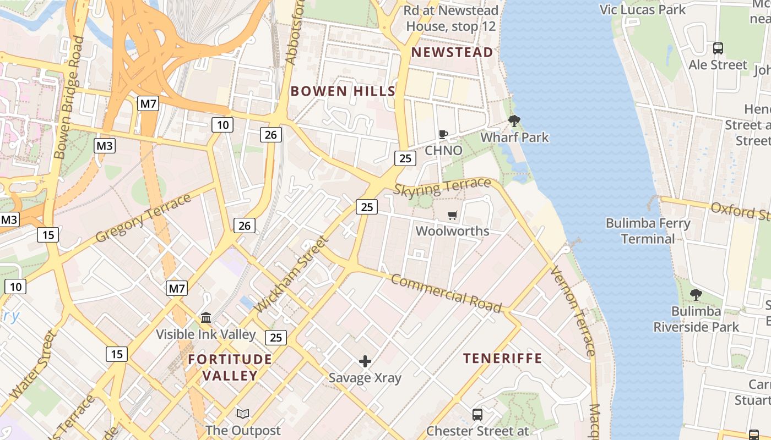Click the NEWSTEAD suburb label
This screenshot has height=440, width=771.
(x=452, y=52)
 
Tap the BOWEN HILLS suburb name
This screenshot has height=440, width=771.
(x=343, y=91)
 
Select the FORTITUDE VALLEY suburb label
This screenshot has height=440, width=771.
(x=230, y=367)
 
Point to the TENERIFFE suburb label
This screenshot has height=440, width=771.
(x=503, y=359)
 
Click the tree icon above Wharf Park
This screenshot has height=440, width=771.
(x=514, y=121)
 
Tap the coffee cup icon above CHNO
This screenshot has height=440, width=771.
(x=443, y=134)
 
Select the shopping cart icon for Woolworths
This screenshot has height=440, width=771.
(x=453, y=215)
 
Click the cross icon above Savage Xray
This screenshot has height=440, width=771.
(x=365, y=361)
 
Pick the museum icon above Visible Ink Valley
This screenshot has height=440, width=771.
(x=206, y=317)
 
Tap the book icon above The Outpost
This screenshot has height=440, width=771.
(x=243, y=414)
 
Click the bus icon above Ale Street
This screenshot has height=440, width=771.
(x=718, y=48)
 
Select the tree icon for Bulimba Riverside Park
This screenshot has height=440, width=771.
(x=696, y=295)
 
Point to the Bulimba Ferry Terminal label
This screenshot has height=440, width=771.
(x=648, y=231)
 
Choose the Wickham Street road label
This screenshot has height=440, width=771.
(x=292, y=274)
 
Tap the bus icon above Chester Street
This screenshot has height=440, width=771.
(x=477, y=414)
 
